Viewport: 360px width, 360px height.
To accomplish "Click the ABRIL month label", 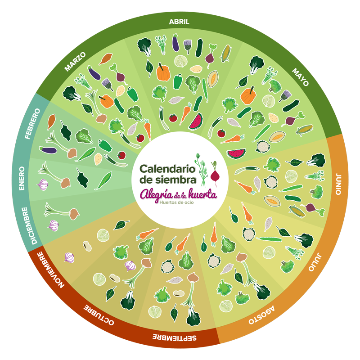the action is [179, 22].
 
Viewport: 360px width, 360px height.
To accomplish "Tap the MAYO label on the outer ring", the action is [300, 78].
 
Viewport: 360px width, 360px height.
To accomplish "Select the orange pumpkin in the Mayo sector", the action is [248, 95].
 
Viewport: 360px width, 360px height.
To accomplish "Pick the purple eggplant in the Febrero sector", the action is [49, 149].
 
